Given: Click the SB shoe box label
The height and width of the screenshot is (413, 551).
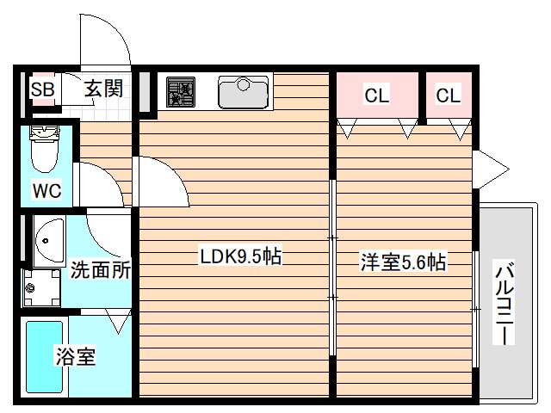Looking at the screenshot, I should (x=42, y=89).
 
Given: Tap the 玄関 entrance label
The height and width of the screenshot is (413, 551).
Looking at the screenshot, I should (x=103, y=89).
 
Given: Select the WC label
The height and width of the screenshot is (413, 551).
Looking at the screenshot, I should (x=47, y=190).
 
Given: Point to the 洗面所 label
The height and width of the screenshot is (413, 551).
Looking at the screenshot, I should (x=101, y=269).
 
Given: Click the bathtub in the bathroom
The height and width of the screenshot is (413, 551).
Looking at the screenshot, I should (x=44, y=358).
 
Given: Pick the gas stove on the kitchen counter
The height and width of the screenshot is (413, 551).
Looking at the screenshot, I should (x=181, y=90).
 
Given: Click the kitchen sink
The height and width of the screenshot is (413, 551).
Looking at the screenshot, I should (x=245, y=91).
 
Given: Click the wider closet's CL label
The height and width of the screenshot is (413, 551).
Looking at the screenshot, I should (x=376, y=96).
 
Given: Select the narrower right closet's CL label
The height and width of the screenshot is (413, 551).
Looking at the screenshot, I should (x=448, y=96).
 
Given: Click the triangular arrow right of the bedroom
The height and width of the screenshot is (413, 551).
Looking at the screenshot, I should (x=486, y=166).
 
